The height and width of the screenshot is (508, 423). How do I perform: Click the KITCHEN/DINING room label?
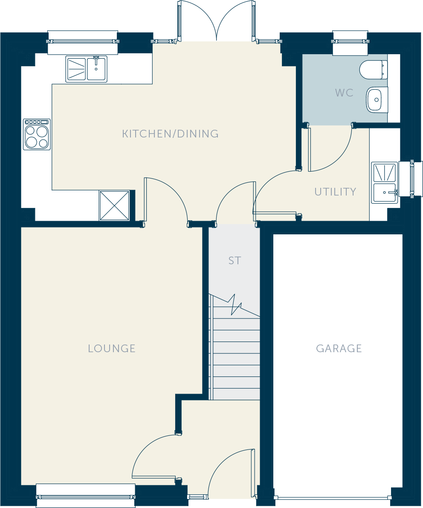click(x=170, y=134)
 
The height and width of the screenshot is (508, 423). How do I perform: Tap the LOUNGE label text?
click(x=112, y=348)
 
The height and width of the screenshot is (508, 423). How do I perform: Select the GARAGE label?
click(x=339, y=348)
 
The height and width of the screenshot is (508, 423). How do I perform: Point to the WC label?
click(x=344, y=93)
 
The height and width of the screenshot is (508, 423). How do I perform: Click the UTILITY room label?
click(x=335, y=192)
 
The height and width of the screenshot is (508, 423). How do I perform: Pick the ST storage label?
click(x=235, y=260)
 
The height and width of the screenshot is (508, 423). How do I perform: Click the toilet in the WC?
click(x=374, y=70)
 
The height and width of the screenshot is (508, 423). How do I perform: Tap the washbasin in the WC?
click(x=377, y=100)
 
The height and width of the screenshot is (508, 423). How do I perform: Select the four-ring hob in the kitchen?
click(x=37, y=134)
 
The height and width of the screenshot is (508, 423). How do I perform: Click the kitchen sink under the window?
click(x=87, y=69)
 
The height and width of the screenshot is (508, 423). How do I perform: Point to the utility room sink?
click(x=385, y=182)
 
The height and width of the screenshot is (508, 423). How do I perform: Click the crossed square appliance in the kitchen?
click(x=114, y=206)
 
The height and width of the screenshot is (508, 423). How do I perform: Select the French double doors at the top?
click(x=216, y=21)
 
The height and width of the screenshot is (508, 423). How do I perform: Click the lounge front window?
click(x=86, y=496)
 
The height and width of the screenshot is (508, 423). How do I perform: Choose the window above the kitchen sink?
click(x=83, y=42)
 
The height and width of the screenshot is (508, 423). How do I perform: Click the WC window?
click(x=351, y=42)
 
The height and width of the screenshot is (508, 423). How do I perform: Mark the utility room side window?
click(x=411, y=179)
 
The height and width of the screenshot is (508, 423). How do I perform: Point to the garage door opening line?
click(x=333, y=498)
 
